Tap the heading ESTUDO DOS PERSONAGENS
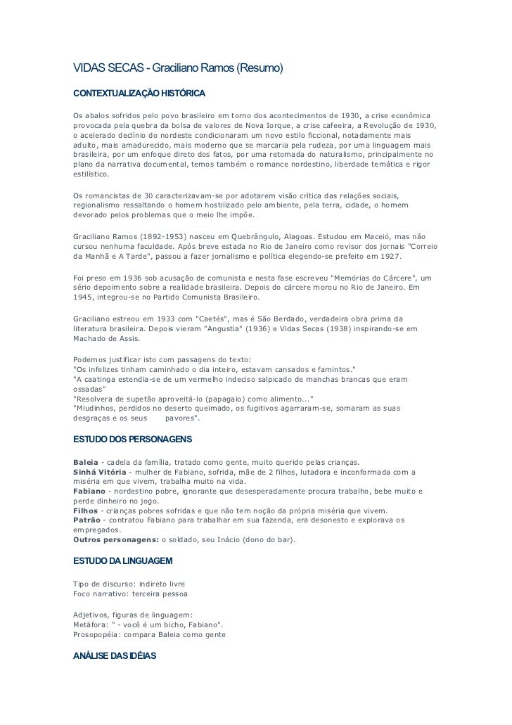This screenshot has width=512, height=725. tap(132, 440)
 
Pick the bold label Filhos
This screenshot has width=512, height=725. tap(86, 510)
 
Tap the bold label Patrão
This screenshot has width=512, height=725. tap(88, 520)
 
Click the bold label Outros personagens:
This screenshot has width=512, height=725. tap(116, 540)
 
